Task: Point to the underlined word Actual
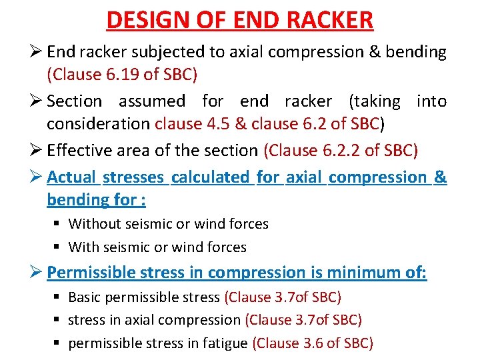(72, 177)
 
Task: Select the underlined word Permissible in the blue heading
(91, 273)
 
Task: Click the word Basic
(85, 297)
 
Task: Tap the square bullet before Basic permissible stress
(57, 297)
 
